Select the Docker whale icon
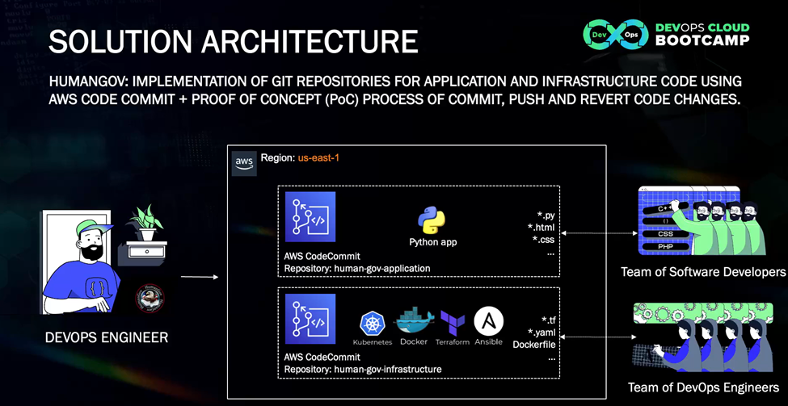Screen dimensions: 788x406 pos(414,321)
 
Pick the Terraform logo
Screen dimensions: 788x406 pos(453,323)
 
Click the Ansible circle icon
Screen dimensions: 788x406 pos(489,321)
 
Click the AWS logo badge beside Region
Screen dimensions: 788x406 pos(244,162)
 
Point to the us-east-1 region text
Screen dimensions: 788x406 pos(318,158)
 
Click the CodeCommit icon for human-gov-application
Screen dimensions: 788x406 pos(310,217)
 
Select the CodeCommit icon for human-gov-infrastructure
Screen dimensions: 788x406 pos(310,319)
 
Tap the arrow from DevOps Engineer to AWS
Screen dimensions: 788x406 pos(199,277)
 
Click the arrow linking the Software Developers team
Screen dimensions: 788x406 pos(599,234)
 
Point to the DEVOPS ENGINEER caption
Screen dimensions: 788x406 pos(106,337)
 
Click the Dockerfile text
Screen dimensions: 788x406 pos(534,345)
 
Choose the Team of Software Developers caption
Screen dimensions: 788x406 pos(703,272)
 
